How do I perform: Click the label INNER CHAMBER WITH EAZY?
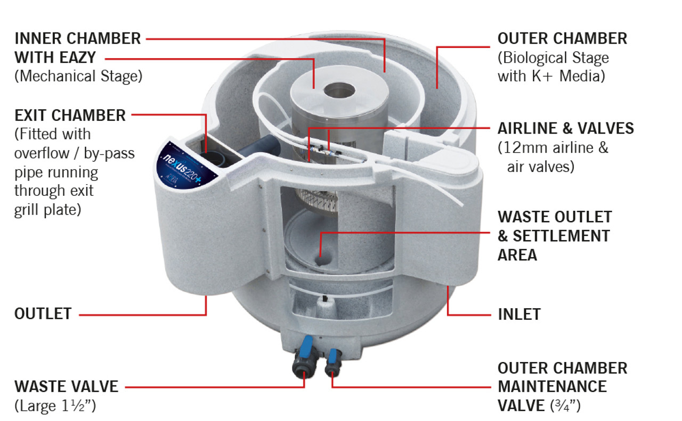coord(77,47)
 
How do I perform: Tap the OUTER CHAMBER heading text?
coord(562,38)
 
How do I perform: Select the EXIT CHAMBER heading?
coord(70,115)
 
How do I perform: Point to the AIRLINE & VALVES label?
coord(565,128)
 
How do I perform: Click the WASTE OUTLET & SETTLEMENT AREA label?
coord(554,235)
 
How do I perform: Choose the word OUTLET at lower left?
coord(43,313)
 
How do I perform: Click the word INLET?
coord(519,314)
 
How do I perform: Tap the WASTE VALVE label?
coord(66,386)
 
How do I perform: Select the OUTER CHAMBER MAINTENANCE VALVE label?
coord(562,386)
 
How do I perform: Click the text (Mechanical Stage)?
coord(78,76)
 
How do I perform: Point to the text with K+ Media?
coord(551,76)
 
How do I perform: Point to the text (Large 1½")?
coord(54,406)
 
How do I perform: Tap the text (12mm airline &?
coord(553,147)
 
